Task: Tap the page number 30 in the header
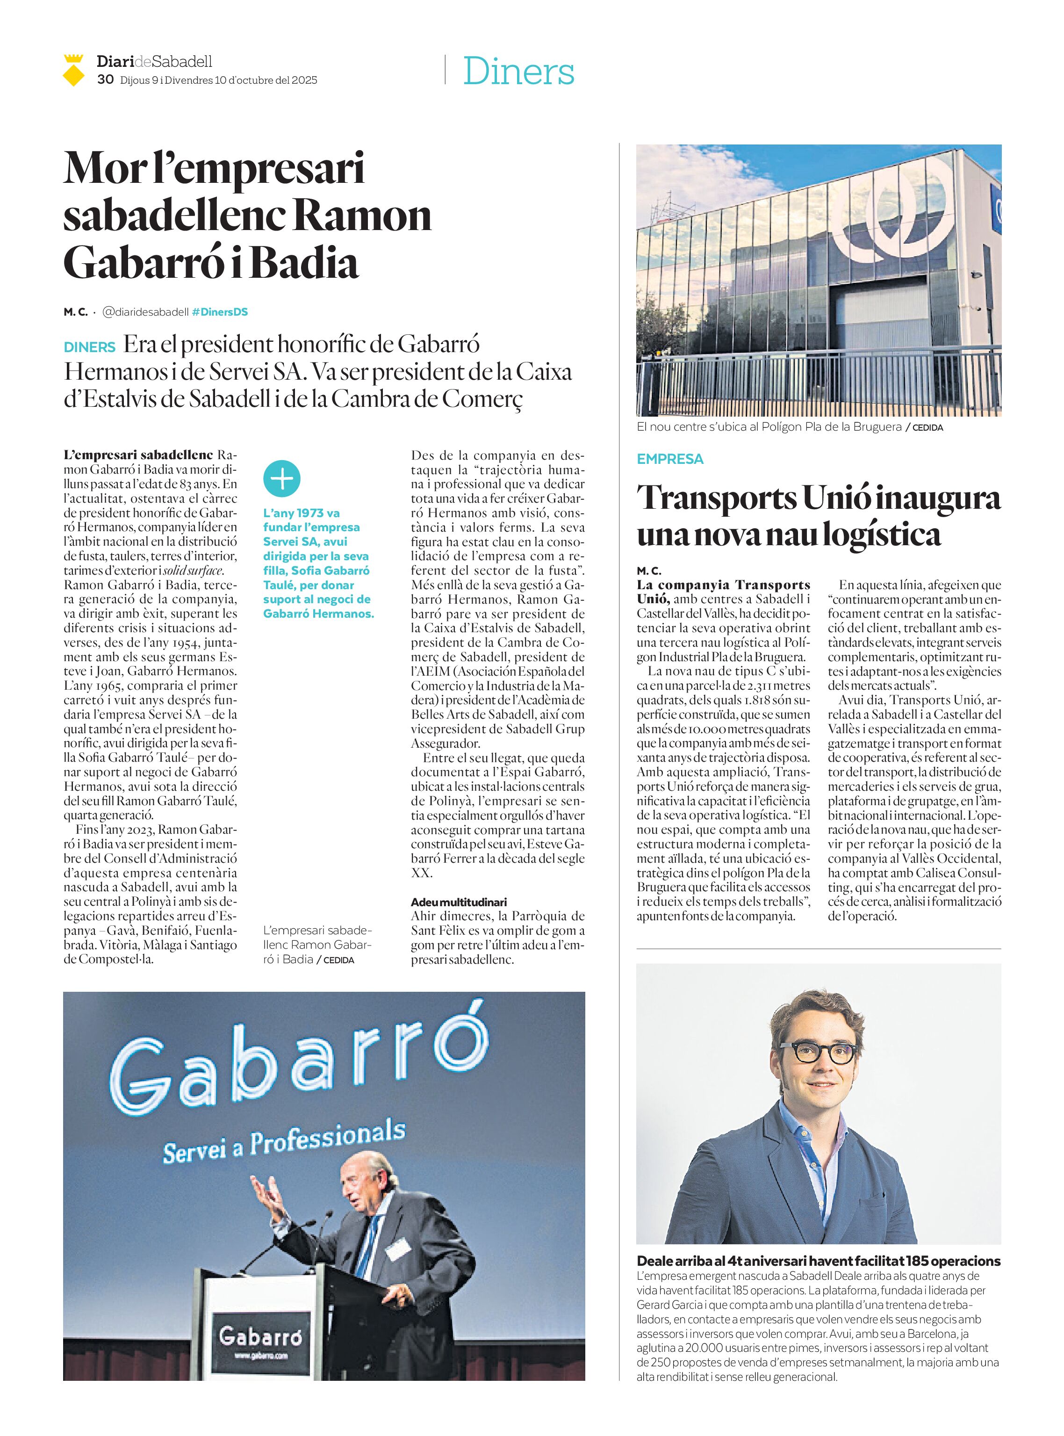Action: [106, 80]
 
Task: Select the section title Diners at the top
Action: [518, 71]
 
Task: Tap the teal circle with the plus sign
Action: [282, 479]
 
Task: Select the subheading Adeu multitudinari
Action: [459, 902]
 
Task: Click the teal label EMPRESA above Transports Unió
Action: [670, 459]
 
